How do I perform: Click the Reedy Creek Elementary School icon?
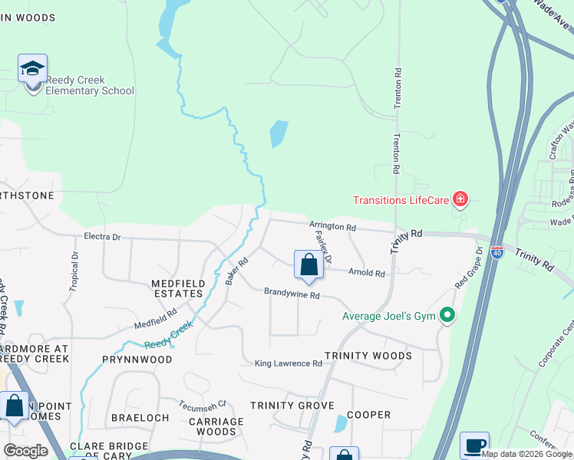click(32, 70)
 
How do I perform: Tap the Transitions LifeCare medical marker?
click(460, 200)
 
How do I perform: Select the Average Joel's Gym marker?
click(445, 315)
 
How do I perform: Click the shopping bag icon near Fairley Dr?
click(308, 265)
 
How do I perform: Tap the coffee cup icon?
click(474, 445)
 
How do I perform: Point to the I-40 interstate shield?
click(496, 252)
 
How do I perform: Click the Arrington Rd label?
click(332, 227)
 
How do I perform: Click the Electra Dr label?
click(102, 237)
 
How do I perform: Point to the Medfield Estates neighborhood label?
click(178, 288)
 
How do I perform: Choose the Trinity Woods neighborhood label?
click(368, 356)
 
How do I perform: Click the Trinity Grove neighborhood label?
click(292, 405)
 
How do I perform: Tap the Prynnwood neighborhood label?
click(137, 359)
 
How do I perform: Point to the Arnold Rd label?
click(366, 271)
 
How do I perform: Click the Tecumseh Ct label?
click(203, 405)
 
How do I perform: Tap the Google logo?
click(25, 451)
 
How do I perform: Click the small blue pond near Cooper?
click(340, 423)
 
